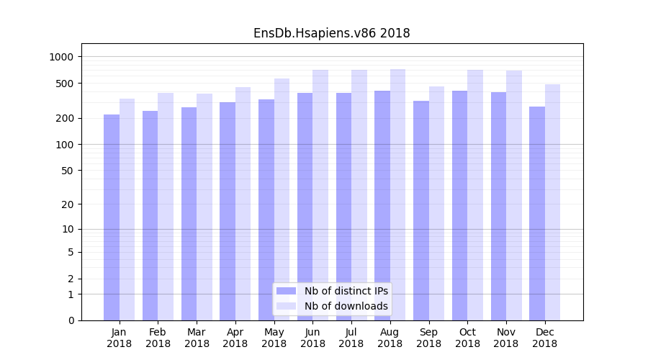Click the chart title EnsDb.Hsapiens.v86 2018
[x=331, y=33]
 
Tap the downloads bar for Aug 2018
[x=397, y=194]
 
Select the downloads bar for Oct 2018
[x=475, y=195]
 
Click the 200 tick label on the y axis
[x=66, y=118]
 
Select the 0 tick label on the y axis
[x=71, y=320]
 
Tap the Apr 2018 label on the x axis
[x=235, y=338]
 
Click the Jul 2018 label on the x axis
[x=351, y=338]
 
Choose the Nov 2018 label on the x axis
[x=506, y=338]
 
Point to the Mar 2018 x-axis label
[x=197, y=338]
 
